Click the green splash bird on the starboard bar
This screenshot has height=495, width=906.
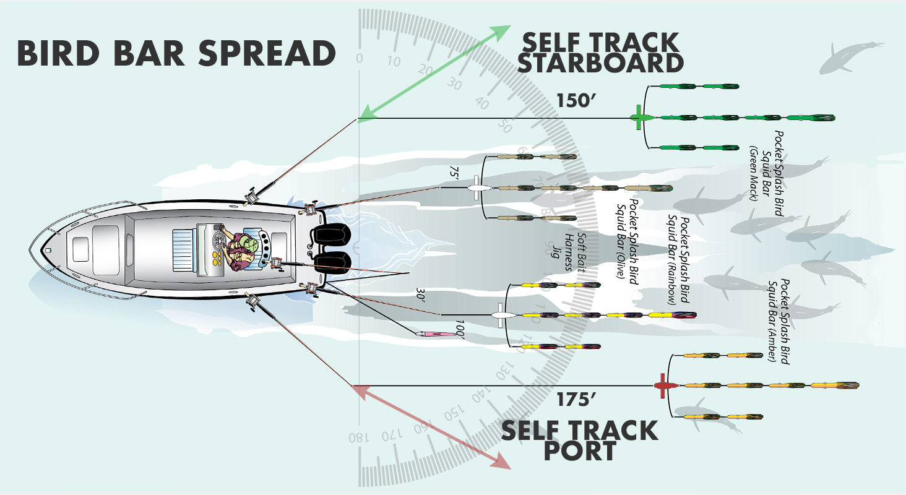click(639, 118)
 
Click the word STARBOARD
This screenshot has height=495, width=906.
click(600, 63)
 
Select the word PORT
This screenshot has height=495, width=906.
click(579, 450)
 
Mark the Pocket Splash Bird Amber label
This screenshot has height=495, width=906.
click(779, 321)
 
